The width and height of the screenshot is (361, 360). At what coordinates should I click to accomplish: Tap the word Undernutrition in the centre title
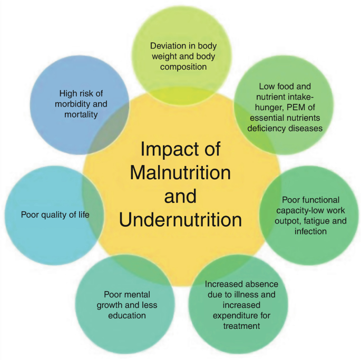pyautogui.click(x=180, y=219)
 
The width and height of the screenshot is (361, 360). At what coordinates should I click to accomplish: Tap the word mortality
pyautogui.click(x=79, y=113)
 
